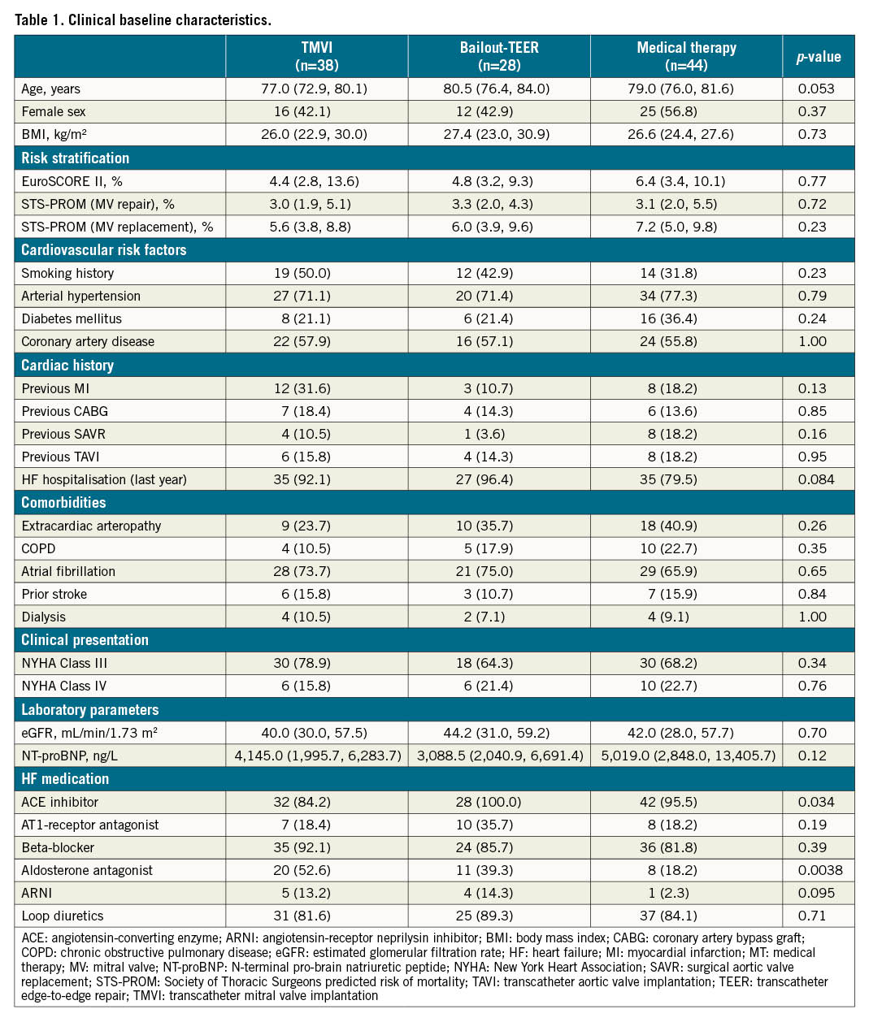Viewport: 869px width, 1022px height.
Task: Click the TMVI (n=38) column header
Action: (x=317, y=56)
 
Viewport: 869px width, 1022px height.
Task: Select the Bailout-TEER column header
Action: (x=499, y=56)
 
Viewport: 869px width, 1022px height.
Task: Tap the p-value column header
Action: (x=818, y=57)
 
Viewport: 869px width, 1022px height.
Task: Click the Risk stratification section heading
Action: (x=75, y=158)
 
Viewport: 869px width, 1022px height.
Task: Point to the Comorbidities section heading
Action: (x=63, y=503)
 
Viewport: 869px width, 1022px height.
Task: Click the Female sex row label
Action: (x=54, y=112)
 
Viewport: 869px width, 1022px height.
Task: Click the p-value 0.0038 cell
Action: (x=819, y=871)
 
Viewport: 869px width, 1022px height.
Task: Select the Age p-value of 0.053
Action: (x=815, y=89)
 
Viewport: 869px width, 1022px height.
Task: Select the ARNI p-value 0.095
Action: (x=816, y=894)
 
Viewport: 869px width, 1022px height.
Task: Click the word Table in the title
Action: (x=32, y=20)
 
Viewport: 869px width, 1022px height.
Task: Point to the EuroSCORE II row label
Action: (x=72, y=182)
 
